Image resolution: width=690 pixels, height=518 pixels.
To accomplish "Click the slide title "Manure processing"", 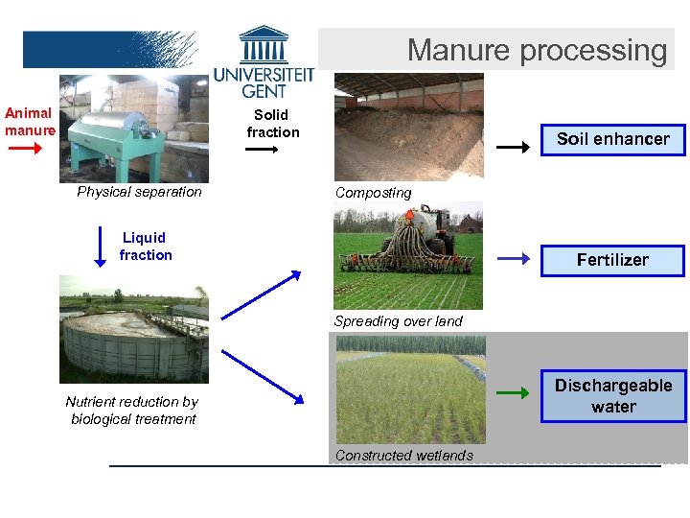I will click(x=537, y=50).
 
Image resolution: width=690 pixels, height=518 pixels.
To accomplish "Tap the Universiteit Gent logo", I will click(x=263, y=65).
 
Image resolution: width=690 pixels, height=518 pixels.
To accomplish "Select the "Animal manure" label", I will click(x=30, y=122).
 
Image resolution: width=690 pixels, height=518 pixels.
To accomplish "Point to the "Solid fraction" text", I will click(x=273, y=124).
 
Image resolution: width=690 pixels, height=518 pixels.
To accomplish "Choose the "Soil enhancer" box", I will click(x=613, y=139).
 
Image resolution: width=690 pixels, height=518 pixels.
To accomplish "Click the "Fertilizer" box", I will click(x=612, y=260).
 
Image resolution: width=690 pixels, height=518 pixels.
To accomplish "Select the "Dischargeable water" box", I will click(x=613, y=396).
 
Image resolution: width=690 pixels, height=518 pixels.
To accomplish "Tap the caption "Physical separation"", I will click(x=140, y=192).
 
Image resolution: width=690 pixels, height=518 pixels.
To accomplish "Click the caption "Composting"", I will click(x=374, y=193).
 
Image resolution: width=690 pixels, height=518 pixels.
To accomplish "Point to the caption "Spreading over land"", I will click(x=399, y=321).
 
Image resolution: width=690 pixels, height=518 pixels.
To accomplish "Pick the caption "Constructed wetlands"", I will click(x=404, y=456).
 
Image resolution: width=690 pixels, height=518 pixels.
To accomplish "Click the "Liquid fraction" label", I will click(x=146, y=247).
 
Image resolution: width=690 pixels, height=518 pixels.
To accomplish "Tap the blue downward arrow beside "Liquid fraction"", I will click(x=101, y=247).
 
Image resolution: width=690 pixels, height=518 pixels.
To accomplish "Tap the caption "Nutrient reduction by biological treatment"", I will click(x=132, y=411).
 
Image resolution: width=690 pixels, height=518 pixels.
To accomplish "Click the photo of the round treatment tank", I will click(x=133, y=329).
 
